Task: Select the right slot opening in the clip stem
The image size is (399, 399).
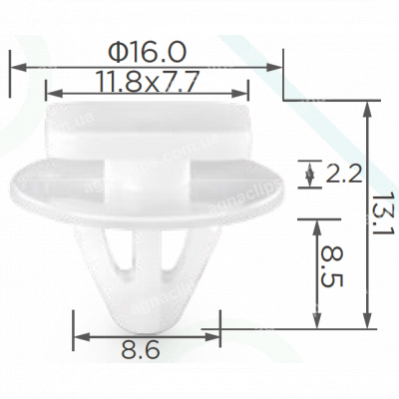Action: click(x=169, y=254)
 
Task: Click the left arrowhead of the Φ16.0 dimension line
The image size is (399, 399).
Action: click(x=15, y=67)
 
